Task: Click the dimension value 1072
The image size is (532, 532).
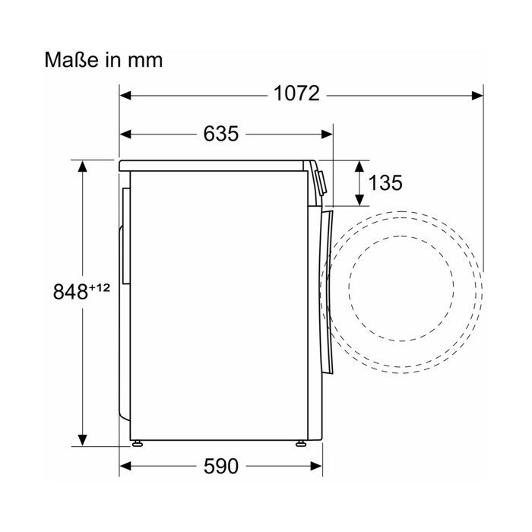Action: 296,93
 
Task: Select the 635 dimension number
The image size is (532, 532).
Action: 221,133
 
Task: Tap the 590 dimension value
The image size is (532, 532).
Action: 221,466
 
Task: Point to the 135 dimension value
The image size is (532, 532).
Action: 385,182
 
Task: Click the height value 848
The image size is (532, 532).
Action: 71,291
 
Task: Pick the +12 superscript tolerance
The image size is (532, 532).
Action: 100,288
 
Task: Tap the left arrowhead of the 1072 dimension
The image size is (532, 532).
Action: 125,96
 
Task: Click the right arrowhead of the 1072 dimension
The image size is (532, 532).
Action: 477,96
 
